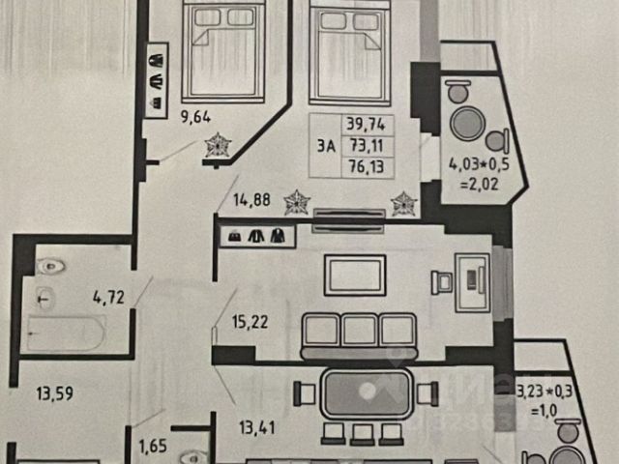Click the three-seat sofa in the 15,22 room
358,331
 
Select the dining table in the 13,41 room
366,395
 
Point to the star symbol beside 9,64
219,146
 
